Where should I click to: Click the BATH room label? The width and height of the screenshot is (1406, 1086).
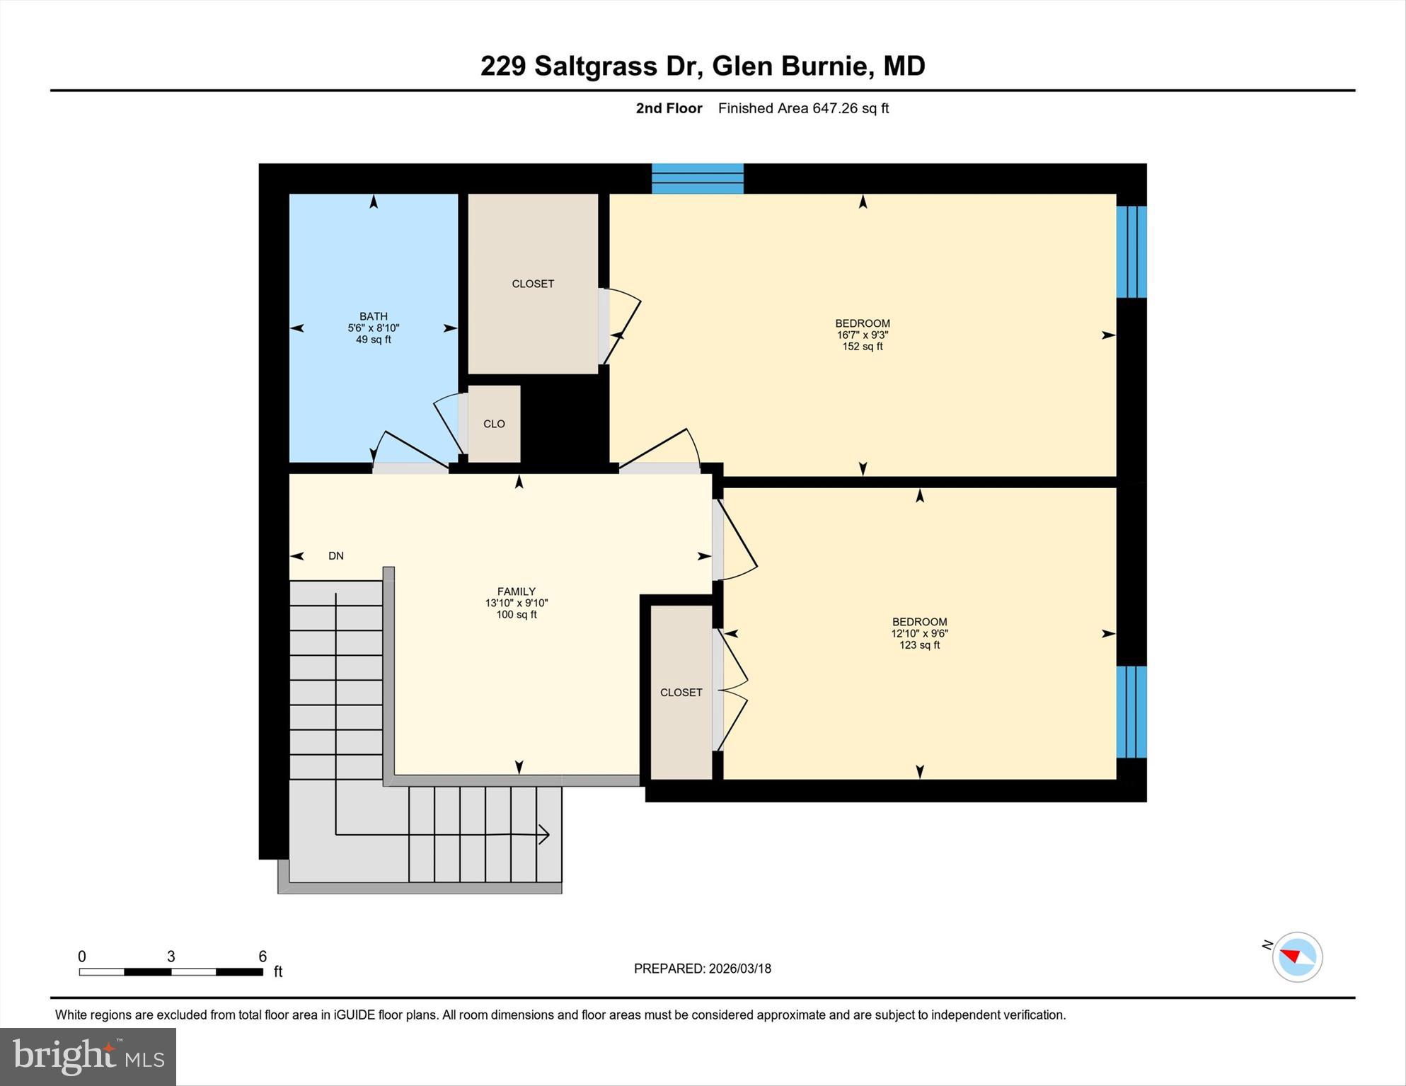373,316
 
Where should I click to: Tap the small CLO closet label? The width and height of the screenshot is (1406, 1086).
494,424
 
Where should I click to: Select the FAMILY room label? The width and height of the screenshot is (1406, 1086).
516,591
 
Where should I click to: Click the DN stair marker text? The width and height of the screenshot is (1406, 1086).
336,556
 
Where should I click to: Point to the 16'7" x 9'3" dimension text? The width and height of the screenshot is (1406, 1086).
862,335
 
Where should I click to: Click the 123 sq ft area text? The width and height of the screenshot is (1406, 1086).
919,645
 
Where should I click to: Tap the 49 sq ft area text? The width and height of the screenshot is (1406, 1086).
373,340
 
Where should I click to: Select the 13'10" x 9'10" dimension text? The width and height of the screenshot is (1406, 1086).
516,603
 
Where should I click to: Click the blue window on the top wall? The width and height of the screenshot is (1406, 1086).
697,178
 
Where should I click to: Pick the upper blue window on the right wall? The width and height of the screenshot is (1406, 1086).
1131,251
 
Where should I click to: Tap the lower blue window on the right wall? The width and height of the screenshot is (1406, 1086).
1131,711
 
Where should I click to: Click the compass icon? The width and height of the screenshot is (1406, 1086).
1297,957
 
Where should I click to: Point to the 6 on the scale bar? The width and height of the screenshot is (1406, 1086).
263,957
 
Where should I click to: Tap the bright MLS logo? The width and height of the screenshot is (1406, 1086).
88,1057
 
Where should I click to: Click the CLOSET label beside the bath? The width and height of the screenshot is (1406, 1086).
533,284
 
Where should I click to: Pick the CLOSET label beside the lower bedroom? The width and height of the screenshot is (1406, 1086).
681,693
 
